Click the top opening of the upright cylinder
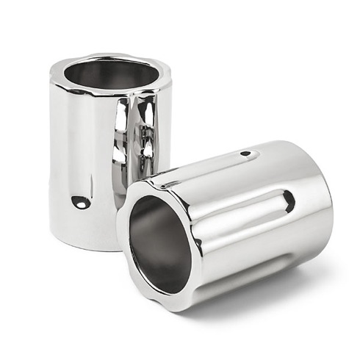point(110,73)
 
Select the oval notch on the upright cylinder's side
point(82,202)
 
